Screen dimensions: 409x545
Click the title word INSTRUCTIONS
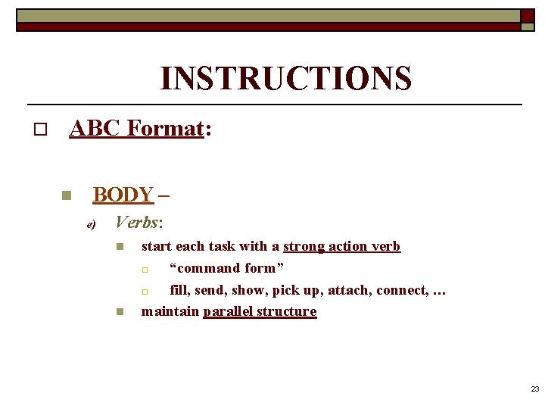click(285, 79)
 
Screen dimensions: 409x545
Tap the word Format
click(167, 129)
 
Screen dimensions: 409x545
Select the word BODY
click(123, 195)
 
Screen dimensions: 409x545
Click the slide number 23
click(534, 389)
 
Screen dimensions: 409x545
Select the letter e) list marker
click(91, 224)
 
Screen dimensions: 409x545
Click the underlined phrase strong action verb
click(341, 246)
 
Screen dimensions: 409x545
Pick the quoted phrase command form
click(227, 268)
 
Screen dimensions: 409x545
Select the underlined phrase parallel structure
click(260, 311)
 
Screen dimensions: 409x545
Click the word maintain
click(170, 311)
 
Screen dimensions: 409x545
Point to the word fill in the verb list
click(180, 289)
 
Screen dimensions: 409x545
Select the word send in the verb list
click(210, 289)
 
